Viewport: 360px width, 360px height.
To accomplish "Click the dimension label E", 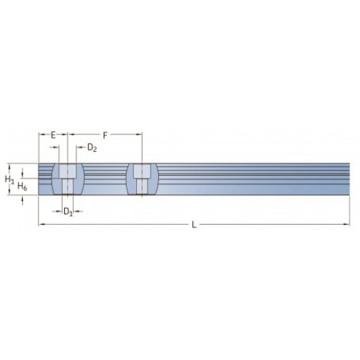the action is coord(53,135).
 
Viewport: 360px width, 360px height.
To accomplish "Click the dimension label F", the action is coord(105,135).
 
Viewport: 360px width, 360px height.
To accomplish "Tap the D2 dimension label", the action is coord(91,148).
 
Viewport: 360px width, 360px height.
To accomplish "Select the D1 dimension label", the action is coord(68,212).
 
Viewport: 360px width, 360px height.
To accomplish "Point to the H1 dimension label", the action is coord(9,179).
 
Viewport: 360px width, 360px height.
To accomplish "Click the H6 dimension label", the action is coord(22,186).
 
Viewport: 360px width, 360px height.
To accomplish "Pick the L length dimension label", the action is coord(194,225).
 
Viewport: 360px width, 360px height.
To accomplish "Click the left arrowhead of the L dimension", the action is coord(42,225).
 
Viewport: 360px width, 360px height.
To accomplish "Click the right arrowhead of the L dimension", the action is coord(346,225).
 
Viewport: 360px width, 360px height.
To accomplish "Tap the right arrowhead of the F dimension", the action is coord(139,135).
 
